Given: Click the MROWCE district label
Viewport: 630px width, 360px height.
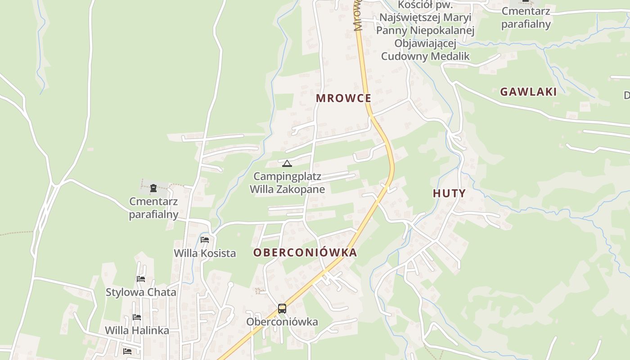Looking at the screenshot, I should pos(343,98).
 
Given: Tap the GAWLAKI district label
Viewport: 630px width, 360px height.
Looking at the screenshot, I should pos(528,92).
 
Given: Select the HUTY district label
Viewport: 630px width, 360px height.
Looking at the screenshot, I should pos(449,193).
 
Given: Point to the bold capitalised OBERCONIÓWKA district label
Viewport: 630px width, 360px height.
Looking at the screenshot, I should pos(305,252).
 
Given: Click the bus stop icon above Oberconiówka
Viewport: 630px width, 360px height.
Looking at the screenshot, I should pos(282,309).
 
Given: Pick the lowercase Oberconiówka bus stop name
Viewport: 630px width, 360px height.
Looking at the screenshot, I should pos(282,322).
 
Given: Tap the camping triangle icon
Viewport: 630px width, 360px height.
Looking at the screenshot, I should pos(287,163).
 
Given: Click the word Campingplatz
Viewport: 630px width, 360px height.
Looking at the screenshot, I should pos(287,176).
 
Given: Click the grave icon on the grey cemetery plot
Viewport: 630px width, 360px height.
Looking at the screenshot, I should pos(153,188).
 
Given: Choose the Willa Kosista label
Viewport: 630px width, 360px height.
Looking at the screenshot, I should pos(205,253).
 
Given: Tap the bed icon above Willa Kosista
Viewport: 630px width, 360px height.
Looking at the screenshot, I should pos(205,240).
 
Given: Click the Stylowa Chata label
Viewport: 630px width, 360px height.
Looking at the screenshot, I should pos(141,292).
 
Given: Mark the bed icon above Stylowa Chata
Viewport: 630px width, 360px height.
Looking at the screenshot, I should pos(141,279).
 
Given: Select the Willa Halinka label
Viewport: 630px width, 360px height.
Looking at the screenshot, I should pos(137,330).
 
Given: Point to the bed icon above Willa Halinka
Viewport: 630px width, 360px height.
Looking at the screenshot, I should pos(137,317).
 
